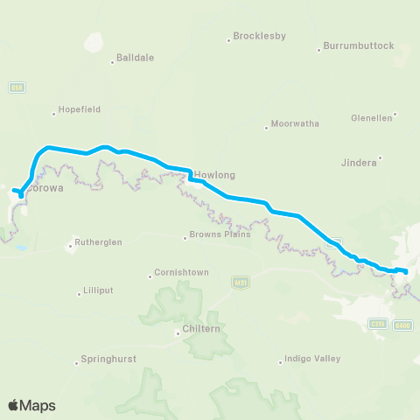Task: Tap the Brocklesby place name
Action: (259, 38)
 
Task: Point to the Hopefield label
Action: (80, 109)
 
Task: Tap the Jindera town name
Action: (359, 162)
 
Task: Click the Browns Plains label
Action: (220, 234)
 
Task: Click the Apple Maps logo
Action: (31, 405)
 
